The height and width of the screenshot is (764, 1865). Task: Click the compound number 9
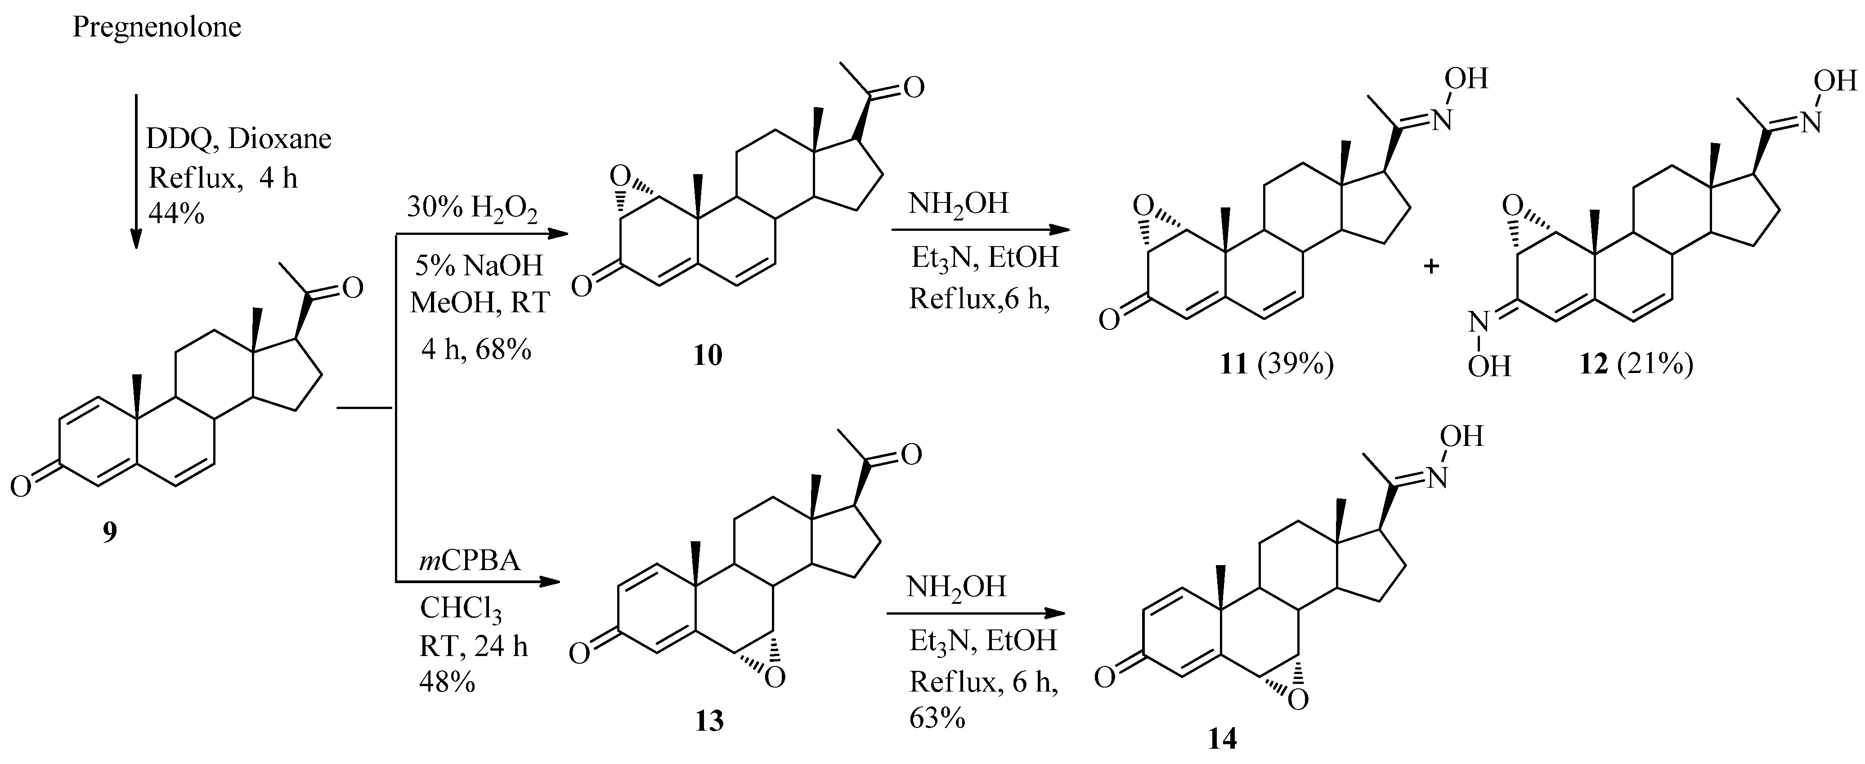pos(109,532)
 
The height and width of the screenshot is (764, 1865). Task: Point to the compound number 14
pos(1222,739)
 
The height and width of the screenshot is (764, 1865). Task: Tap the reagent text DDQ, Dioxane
pos(239,138)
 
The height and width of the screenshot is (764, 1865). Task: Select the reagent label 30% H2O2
pos(472,209)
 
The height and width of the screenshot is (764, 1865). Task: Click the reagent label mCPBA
pos(469,560)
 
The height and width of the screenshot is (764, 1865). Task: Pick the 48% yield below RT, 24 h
pos(447,681)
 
